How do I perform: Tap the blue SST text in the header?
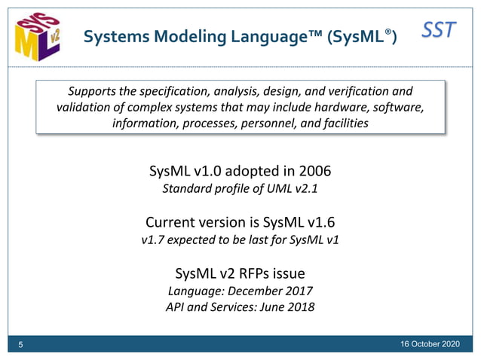pos(439,30)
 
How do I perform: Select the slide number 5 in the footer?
pos(21,345)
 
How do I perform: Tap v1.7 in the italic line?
pos(154,240)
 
